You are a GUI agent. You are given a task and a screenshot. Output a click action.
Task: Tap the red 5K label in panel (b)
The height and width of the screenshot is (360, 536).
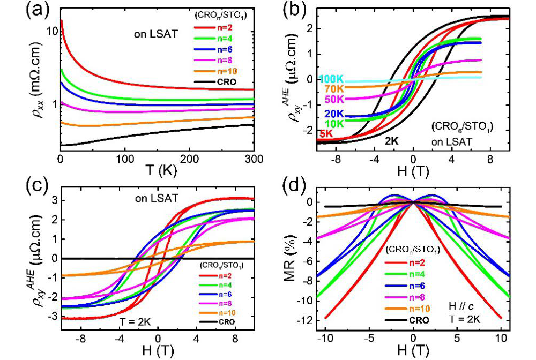(x=325, y=133)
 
